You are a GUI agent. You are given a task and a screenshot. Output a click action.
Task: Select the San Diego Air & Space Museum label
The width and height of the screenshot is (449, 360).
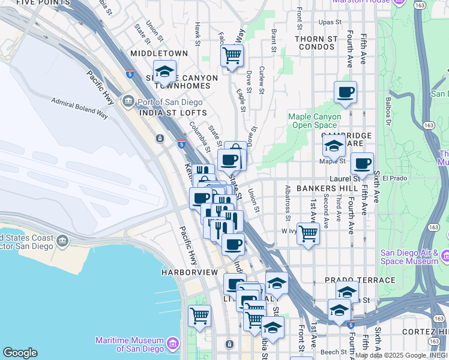coord(409,256)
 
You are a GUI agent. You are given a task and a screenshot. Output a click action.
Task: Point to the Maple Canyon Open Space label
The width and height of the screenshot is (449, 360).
coord(315,121)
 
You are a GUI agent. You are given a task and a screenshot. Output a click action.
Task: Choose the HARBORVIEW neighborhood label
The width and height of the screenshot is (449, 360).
coord(189,272)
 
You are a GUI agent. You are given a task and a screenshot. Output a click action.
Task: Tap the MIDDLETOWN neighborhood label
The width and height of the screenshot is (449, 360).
coord(159,53)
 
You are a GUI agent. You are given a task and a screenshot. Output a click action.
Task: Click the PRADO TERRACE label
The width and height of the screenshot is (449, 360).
coord(360,280)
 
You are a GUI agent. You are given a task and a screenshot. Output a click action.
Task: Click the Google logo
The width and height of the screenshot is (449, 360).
coord(19,353)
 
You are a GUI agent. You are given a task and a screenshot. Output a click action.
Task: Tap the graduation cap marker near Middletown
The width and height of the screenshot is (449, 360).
coord(164,72)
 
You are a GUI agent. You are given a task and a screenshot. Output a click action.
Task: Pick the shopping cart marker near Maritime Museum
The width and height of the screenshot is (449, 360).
coord(199,316)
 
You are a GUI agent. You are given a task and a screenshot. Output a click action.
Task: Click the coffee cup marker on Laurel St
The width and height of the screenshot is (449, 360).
coord(362,163)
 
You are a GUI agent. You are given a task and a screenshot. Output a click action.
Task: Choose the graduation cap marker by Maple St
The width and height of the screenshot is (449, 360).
coord(333,146)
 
